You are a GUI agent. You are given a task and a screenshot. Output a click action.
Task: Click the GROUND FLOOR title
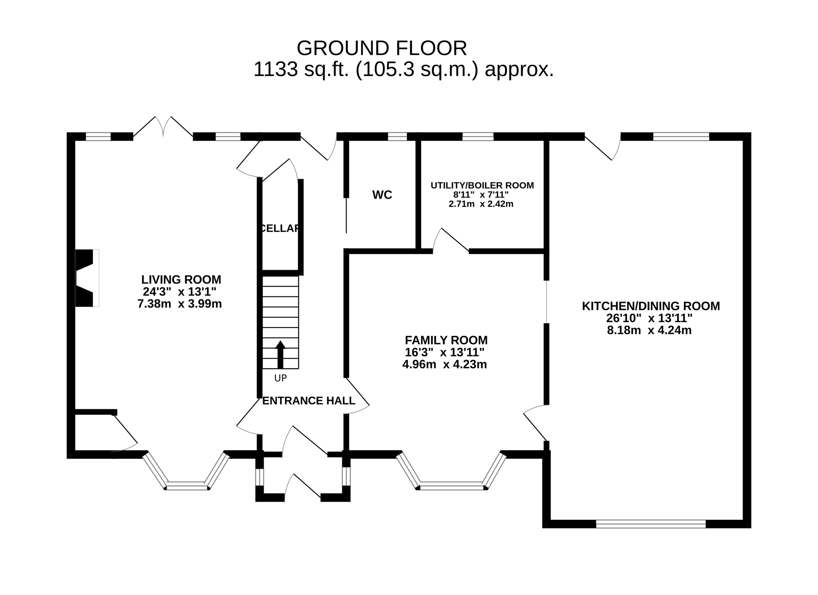pos(382,48)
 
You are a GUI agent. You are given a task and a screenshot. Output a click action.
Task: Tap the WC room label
pos(382,195)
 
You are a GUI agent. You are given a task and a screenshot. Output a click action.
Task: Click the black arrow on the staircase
pos(280,355)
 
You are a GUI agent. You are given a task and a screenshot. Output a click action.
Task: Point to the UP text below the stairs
pos(281,378)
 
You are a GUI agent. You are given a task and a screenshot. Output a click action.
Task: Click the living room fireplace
pos(87,278)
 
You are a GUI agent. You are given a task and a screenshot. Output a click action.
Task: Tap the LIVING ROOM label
pos(181,279)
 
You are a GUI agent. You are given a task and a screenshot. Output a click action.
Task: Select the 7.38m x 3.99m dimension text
pos(180,304)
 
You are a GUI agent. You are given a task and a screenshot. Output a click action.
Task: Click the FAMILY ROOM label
pos(446,340)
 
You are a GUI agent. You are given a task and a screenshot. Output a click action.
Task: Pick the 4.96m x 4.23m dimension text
pos(445,364)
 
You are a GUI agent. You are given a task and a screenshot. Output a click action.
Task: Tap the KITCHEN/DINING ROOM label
pos(651,306)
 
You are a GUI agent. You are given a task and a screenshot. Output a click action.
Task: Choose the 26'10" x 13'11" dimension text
pos(649,318)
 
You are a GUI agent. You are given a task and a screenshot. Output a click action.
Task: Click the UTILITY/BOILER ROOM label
pos(482,185)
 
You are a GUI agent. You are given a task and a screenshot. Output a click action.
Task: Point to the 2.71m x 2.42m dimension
pos(481,204)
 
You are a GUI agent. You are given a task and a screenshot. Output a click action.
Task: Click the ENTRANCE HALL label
pos(309,401)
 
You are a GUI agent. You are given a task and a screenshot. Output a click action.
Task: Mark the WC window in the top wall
pos(397,137)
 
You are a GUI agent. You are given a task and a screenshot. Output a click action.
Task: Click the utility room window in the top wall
pos(478,137)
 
